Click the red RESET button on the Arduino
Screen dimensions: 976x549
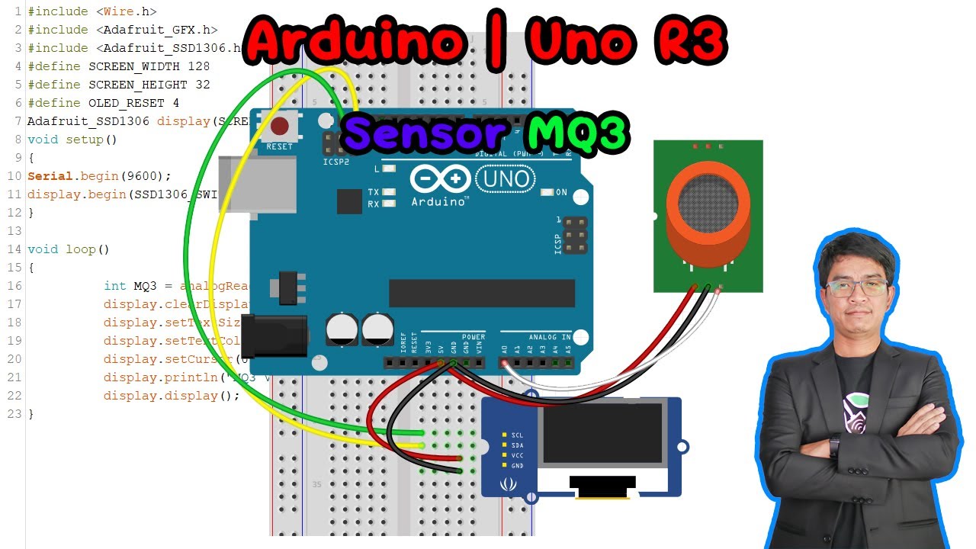tap(280, 127)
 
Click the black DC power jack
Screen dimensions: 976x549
tap(274, 335)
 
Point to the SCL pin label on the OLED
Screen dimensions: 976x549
tap(517, 435)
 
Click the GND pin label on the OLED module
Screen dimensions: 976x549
tap(517, 465)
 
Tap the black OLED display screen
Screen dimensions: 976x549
tap(600, 434)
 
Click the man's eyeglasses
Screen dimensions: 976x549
tap(857, 288)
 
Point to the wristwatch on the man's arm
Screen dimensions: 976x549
tap(834, 445)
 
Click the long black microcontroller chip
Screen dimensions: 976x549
tap(481, 293)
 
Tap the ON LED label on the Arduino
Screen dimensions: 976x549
tap(561, 192)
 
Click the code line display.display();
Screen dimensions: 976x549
tap(172, 396)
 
